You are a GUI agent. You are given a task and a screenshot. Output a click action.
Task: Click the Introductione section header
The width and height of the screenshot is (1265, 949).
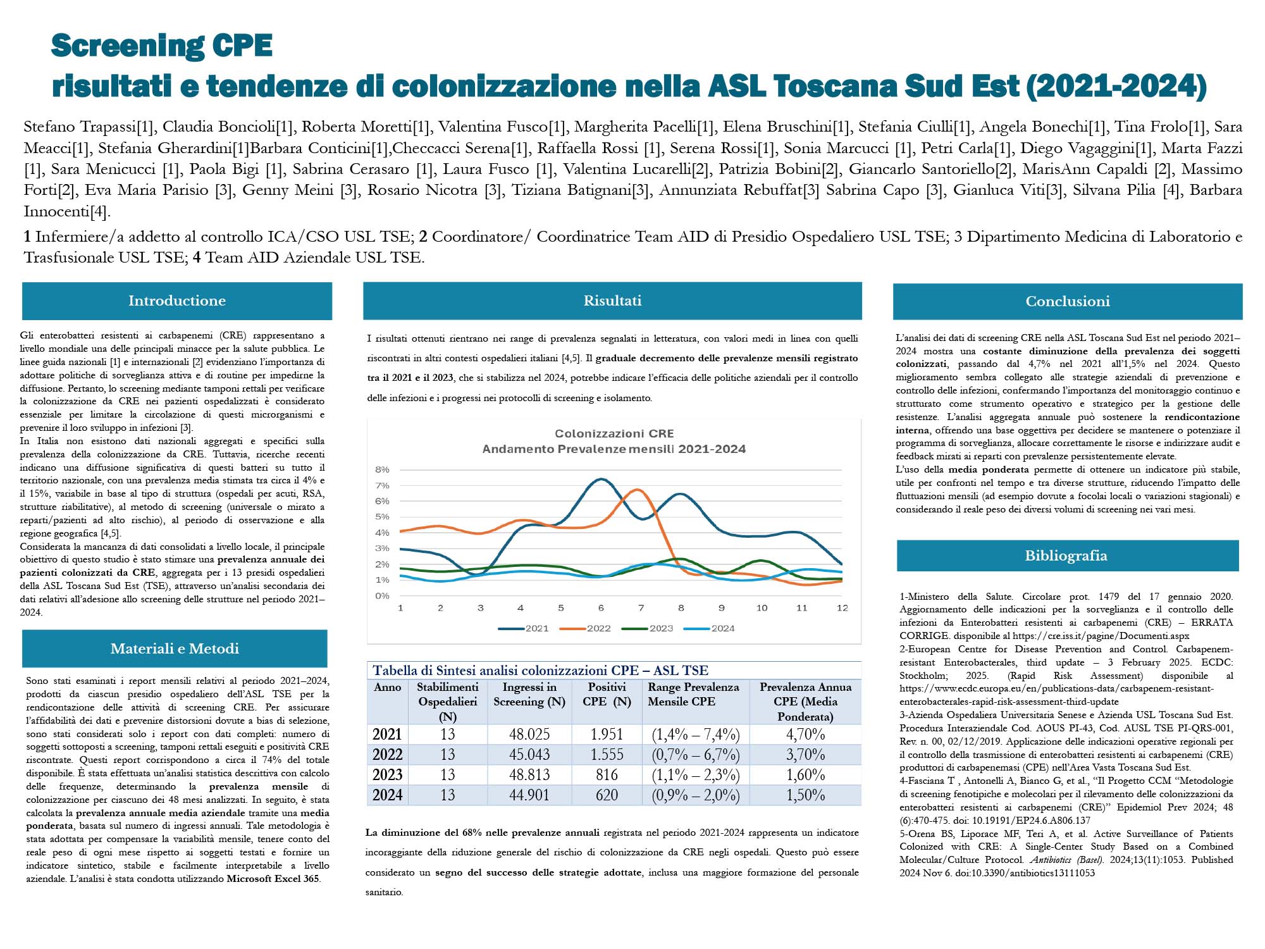tap(176, 301)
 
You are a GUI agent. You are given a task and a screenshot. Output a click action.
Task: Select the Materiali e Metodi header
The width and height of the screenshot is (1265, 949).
tap(175, 648)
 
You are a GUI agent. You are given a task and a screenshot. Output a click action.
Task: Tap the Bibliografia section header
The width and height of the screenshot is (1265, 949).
tap(1066, 555)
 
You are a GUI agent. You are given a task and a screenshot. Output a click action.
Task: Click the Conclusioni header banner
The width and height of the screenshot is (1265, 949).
tap(1068, 301)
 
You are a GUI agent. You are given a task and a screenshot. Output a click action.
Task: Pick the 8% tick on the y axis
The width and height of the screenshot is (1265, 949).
tap(382, 469)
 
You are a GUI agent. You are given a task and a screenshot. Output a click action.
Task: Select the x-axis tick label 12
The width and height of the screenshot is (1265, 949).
tap(842, 607)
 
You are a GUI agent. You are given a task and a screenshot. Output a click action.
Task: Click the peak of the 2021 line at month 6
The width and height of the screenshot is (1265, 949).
tap(601, 479)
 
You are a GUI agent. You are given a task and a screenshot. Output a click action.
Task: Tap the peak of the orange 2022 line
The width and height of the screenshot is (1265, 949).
tap(637, 490)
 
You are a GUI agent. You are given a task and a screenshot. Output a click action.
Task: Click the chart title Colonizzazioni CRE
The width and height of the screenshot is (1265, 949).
tap(614, 433)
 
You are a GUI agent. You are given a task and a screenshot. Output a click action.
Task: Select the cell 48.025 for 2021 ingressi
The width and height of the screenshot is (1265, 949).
tap(529, 735)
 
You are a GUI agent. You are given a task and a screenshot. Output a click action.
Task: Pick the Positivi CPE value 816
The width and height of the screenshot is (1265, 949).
tap(607, 775)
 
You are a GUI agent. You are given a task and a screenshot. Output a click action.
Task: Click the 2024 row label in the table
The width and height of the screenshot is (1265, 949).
tap(387, 795)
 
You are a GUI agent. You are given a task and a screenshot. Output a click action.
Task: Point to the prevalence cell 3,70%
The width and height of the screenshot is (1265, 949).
tap(805, 755)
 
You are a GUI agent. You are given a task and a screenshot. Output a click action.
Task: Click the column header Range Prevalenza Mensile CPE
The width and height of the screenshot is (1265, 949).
tap(693, 694)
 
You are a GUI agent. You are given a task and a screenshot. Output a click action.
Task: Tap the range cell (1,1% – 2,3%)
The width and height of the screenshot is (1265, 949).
tap(695, 775)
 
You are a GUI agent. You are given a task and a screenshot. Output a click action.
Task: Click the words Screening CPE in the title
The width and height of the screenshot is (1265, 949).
tap(162, 46)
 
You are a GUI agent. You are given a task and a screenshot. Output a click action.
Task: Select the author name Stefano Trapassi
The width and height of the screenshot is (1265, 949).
tap(80, 127)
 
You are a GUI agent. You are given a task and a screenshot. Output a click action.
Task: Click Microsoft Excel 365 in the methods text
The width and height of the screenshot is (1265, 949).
tap(273, 879)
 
